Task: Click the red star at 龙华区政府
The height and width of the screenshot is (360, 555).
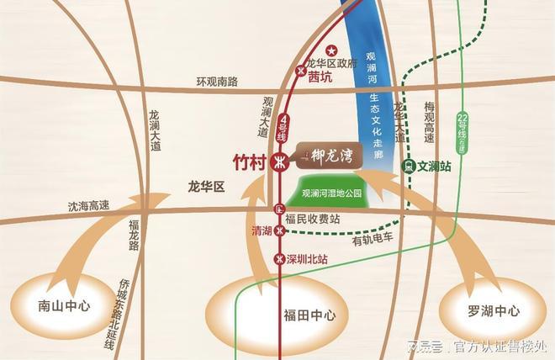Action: tap(331, 50)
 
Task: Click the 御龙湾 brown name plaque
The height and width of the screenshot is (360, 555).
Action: tap(330, 154)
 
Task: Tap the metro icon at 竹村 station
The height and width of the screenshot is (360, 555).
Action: tap(282, 163)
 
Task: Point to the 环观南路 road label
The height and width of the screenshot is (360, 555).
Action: tap(217, 82)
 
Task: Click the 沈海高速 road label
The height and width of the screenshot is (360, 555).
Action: tap(89, 204)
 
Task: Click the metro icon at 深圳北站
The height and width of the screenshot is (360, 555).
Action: tap(280, 258)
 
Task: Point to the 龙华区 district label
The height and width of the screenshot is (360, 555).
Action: tap(207, 187)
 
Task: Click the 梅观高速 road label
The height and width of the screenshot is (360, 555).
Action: tap(429, 121)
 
